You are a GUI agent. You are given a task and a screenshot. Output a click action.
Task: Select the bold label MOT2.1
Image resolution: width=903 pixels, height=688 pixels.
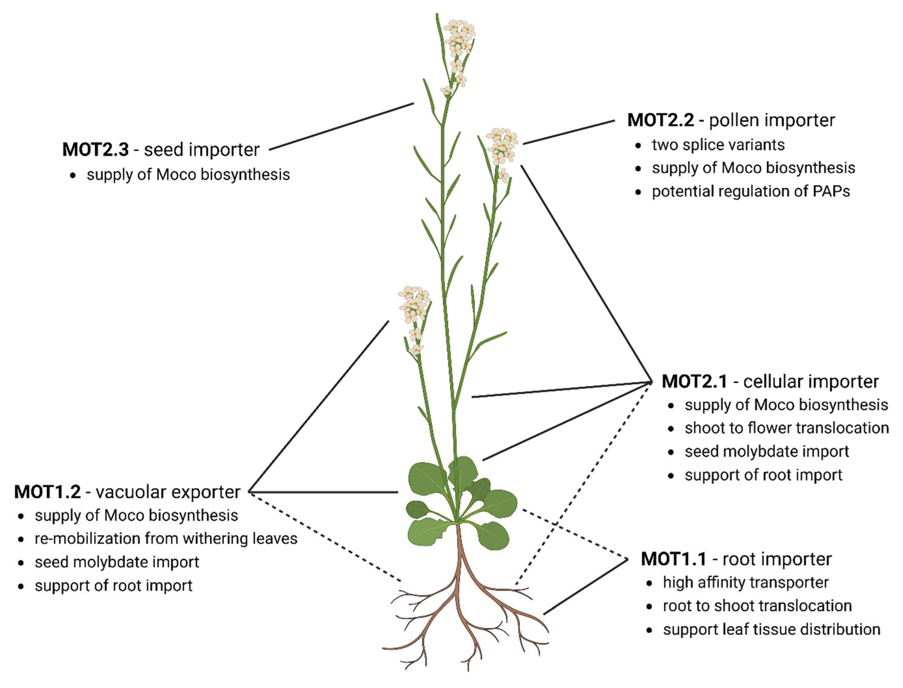[694, 382]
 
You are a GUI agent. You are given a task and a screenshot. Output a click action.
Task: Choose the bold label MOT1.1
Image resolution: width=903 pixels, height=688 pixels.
[673, 559]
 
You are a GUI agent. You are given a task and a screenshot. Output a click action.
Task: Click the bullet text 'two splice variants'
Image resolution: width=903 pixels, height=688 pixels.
[718, 145]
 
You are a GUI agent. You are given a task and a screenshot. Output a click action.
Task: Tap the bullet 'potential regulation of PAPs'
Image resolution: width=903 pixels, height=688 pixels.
[751, 192]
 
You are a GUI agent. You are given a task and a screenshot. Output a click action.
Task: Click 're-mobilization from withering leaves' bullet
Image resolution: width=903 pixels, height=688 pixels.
[166, 539]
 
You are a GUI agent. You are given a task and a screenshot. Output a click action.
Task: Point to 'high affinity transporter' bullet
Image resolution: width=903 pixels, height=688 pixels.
[745, 583]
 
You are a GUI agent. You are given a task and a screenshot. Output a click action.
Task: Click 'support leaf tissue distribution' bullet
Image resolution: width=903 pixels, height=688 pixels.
[772, 629]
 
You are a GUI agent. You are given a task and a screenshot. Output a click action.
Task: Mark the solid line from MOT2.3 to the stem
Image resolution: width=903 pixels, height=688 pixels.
[341, 127]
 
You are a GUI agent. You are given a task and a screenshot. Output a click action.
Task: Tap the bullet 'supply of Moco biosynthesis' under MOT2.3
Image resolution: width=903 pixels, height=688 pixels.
[188, 175]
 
